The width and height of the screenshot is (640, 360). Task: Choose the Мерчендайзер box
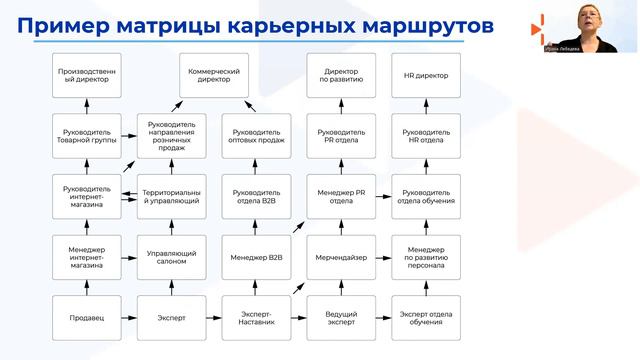coord(342,257)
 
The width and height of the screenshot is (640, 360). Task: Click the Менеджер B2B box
coord(257,257)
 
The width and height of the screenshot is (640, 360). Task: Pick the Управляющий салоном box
coord(172,257)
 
